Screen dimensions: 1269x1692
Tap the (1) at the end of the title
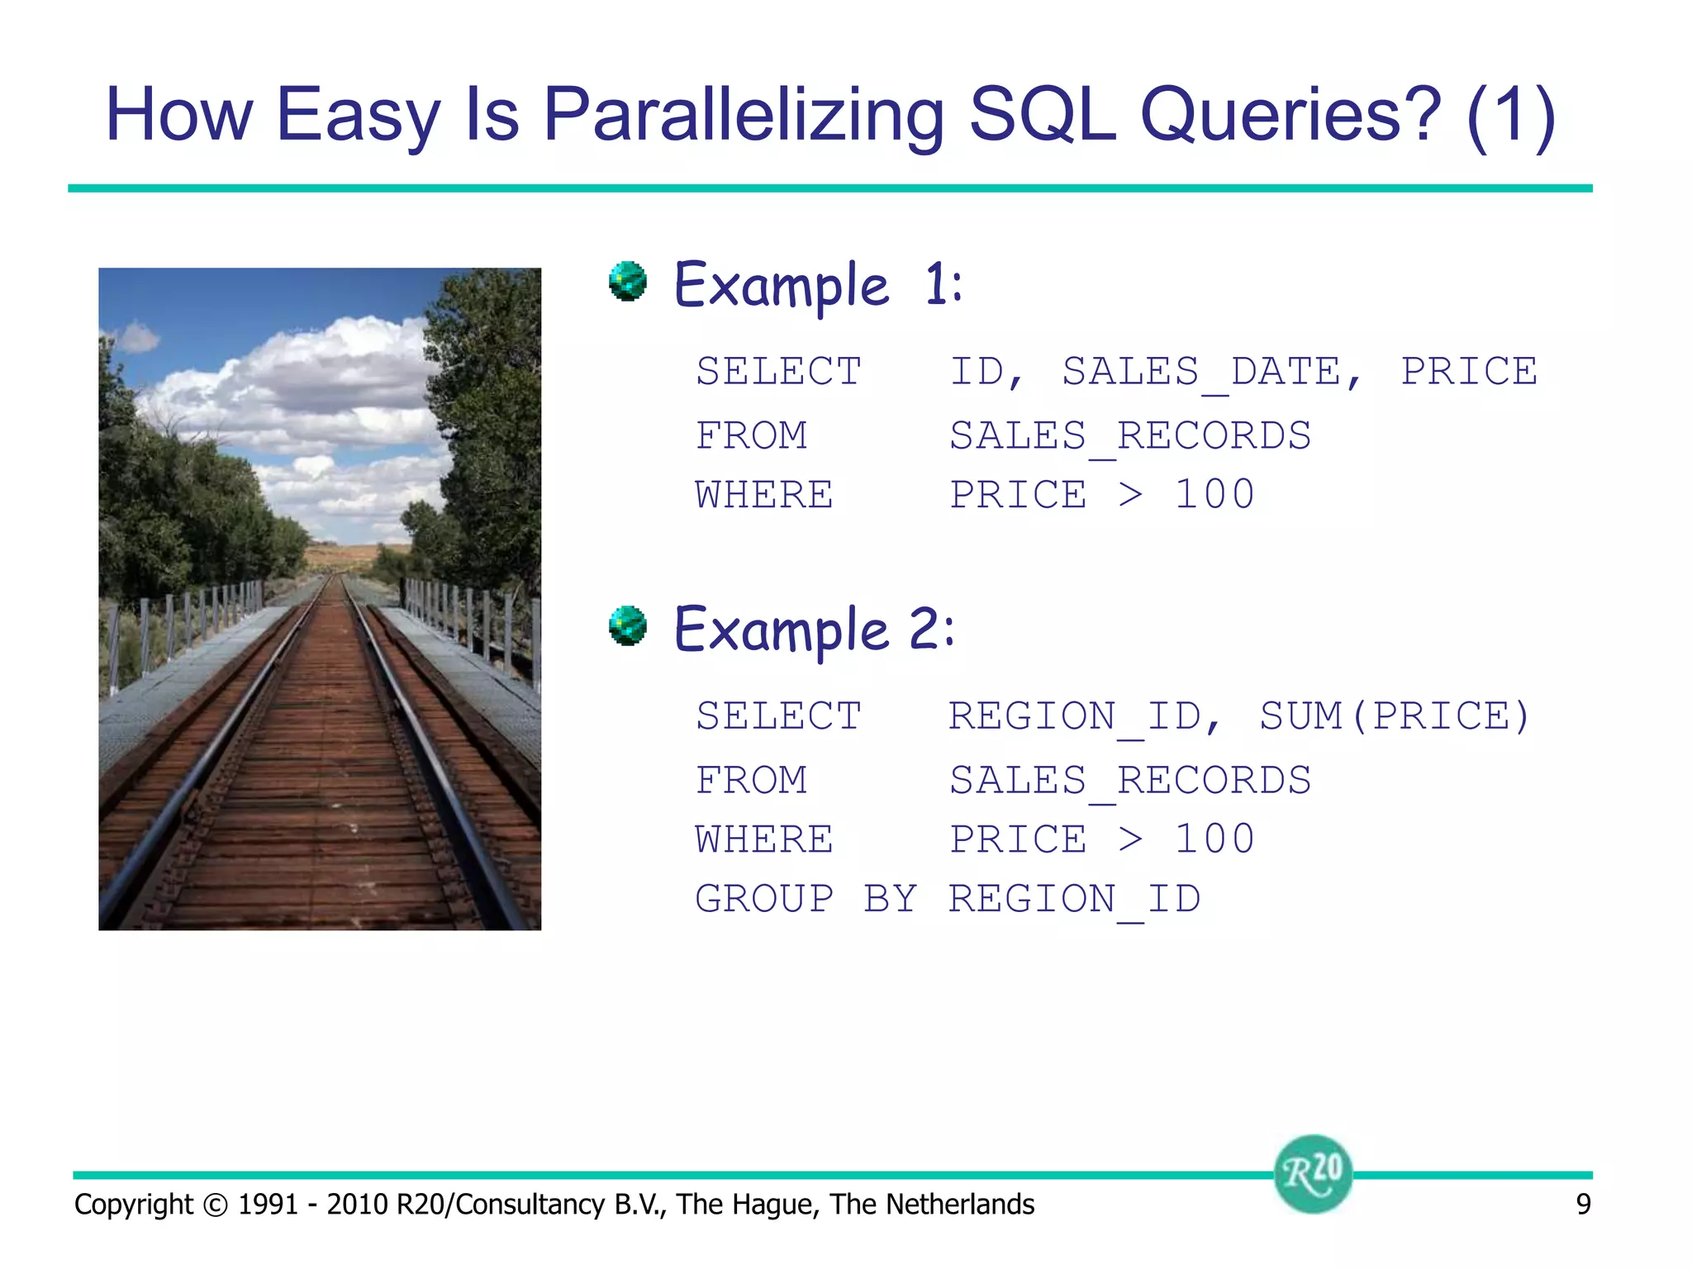coord(1511,116)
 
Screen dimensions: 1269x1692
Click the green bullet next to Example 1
coord(628,282)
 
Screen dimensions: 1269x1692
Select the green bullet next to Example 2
coord(628,625)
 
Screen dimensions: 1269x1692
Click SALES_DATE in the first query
coord(1201,372)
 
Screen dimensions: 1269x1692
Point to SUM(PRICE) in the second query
coord(1395,716)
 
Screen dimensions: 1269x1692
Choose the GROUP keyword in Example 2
coord(764,899)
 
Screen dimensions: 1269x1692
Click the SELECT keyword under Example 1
coord(778,372)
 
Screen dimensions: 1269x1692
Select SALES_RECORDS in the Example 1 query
coord(1129,436)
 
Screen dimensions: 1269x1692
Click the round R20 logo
coord(1313,1173)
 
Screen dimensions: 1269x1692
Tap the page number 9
coord(1583,1205)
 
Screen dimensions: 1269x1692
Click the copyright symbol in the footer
coord(215,1205)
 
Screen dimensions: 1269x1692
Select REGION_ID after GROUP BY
coord(1074,899)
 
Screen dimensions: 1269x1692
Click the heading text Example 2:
coord(814,630)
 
